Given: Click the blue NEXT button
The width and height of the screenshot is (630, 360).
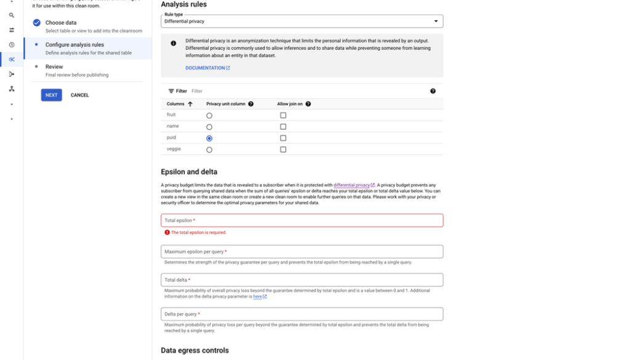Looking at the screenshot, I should (x=51, y=95).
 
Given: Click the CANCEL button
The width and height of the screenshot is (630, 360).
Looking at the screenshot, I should (x=80, y=95).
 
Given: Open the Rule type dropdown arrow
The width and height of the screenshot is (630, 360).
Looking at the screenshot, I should (x=436, y=21).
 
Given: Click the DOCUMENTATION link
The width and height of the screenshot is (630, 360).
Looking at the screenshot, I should (x=207, y=68).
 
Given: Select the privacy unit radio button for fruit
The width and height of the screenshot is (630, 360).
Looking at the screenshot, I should (x=209, y=116).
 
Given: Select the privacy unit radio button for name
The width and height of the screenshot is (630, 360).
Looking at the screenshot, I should (x=209, y=127).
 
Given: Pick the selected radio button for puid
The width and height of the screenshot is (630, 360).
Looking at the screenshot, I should (x=209, y=138).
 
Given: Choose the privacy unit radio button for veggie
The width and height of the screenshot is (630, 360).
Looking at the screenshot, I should (x=209, y=150).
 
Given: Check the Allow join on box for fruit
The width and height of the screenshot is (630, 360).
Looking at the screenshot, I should (x=283, y=115).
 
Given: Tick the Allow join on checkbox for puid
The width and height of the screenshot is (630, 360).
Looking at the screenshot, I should (x=283, y=138).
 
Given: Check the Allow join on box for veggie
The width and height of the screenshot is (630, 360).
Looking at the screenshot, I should (x=283, y=150).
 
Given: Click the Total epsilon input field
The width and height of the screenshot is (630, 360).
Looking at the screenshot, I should (x=301, y=220).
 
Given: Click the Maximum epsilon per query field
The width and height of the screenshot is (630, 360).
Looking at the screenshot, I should (x=301, y=252).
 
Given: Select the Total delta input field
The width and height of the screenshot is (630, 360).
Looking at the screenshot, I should (x=301, y=280).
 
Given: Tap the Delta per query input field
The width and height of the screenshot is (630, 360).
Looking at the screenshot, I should (x=301, y=314).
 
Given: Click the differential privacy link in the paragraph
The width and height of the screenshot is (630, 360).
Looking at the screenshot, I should (x=352, y=185).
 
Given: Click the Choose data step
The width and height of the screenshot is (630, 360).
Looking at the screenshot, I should (x=61, y=23).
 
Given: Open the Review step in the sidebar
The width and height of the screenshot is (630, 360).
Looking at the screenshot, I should (x=54, y=66).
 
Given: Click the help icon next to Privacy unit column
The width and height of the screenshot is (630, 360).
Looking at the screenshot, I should (x=251, y=104).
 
